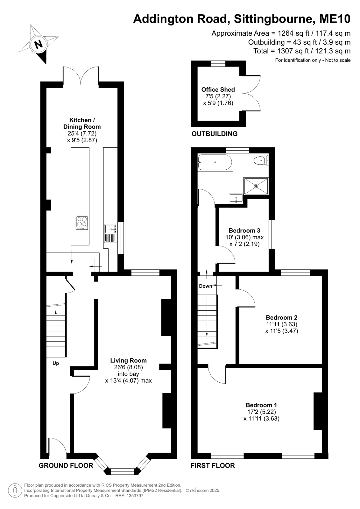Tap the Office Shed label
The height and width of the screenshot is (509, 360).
(x=218, y=89)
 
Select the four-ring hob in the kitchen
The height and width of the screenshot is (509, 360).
(x=82, y=223)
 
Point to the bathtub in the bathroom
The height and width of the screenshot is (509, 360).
(x=215, y=162)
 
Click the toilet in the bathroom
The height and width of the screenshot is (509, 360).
(x=261, y=161)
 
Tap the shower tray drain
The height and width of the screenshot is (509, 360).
(x=256, y=186)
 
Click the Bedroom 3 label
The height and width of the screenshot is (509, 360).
(x=244, y=231)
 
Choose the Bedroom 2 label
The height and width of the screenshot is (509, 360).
(x=282, y=317)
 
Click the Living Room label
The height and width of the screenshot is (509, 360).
(x=128, y=361)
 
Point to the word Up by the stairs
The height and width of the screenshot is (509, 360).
(x=56, y=363)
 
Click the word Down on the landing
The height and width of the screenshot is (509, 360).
(x=205, y=286)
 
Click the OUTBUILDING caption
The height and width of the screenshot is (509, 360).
(x=215, y=134)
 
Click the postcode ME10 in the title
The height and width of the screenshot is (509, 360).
(x=335, y=19)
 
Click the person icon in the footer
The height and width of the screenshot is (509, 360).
(x=15, y=491)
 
